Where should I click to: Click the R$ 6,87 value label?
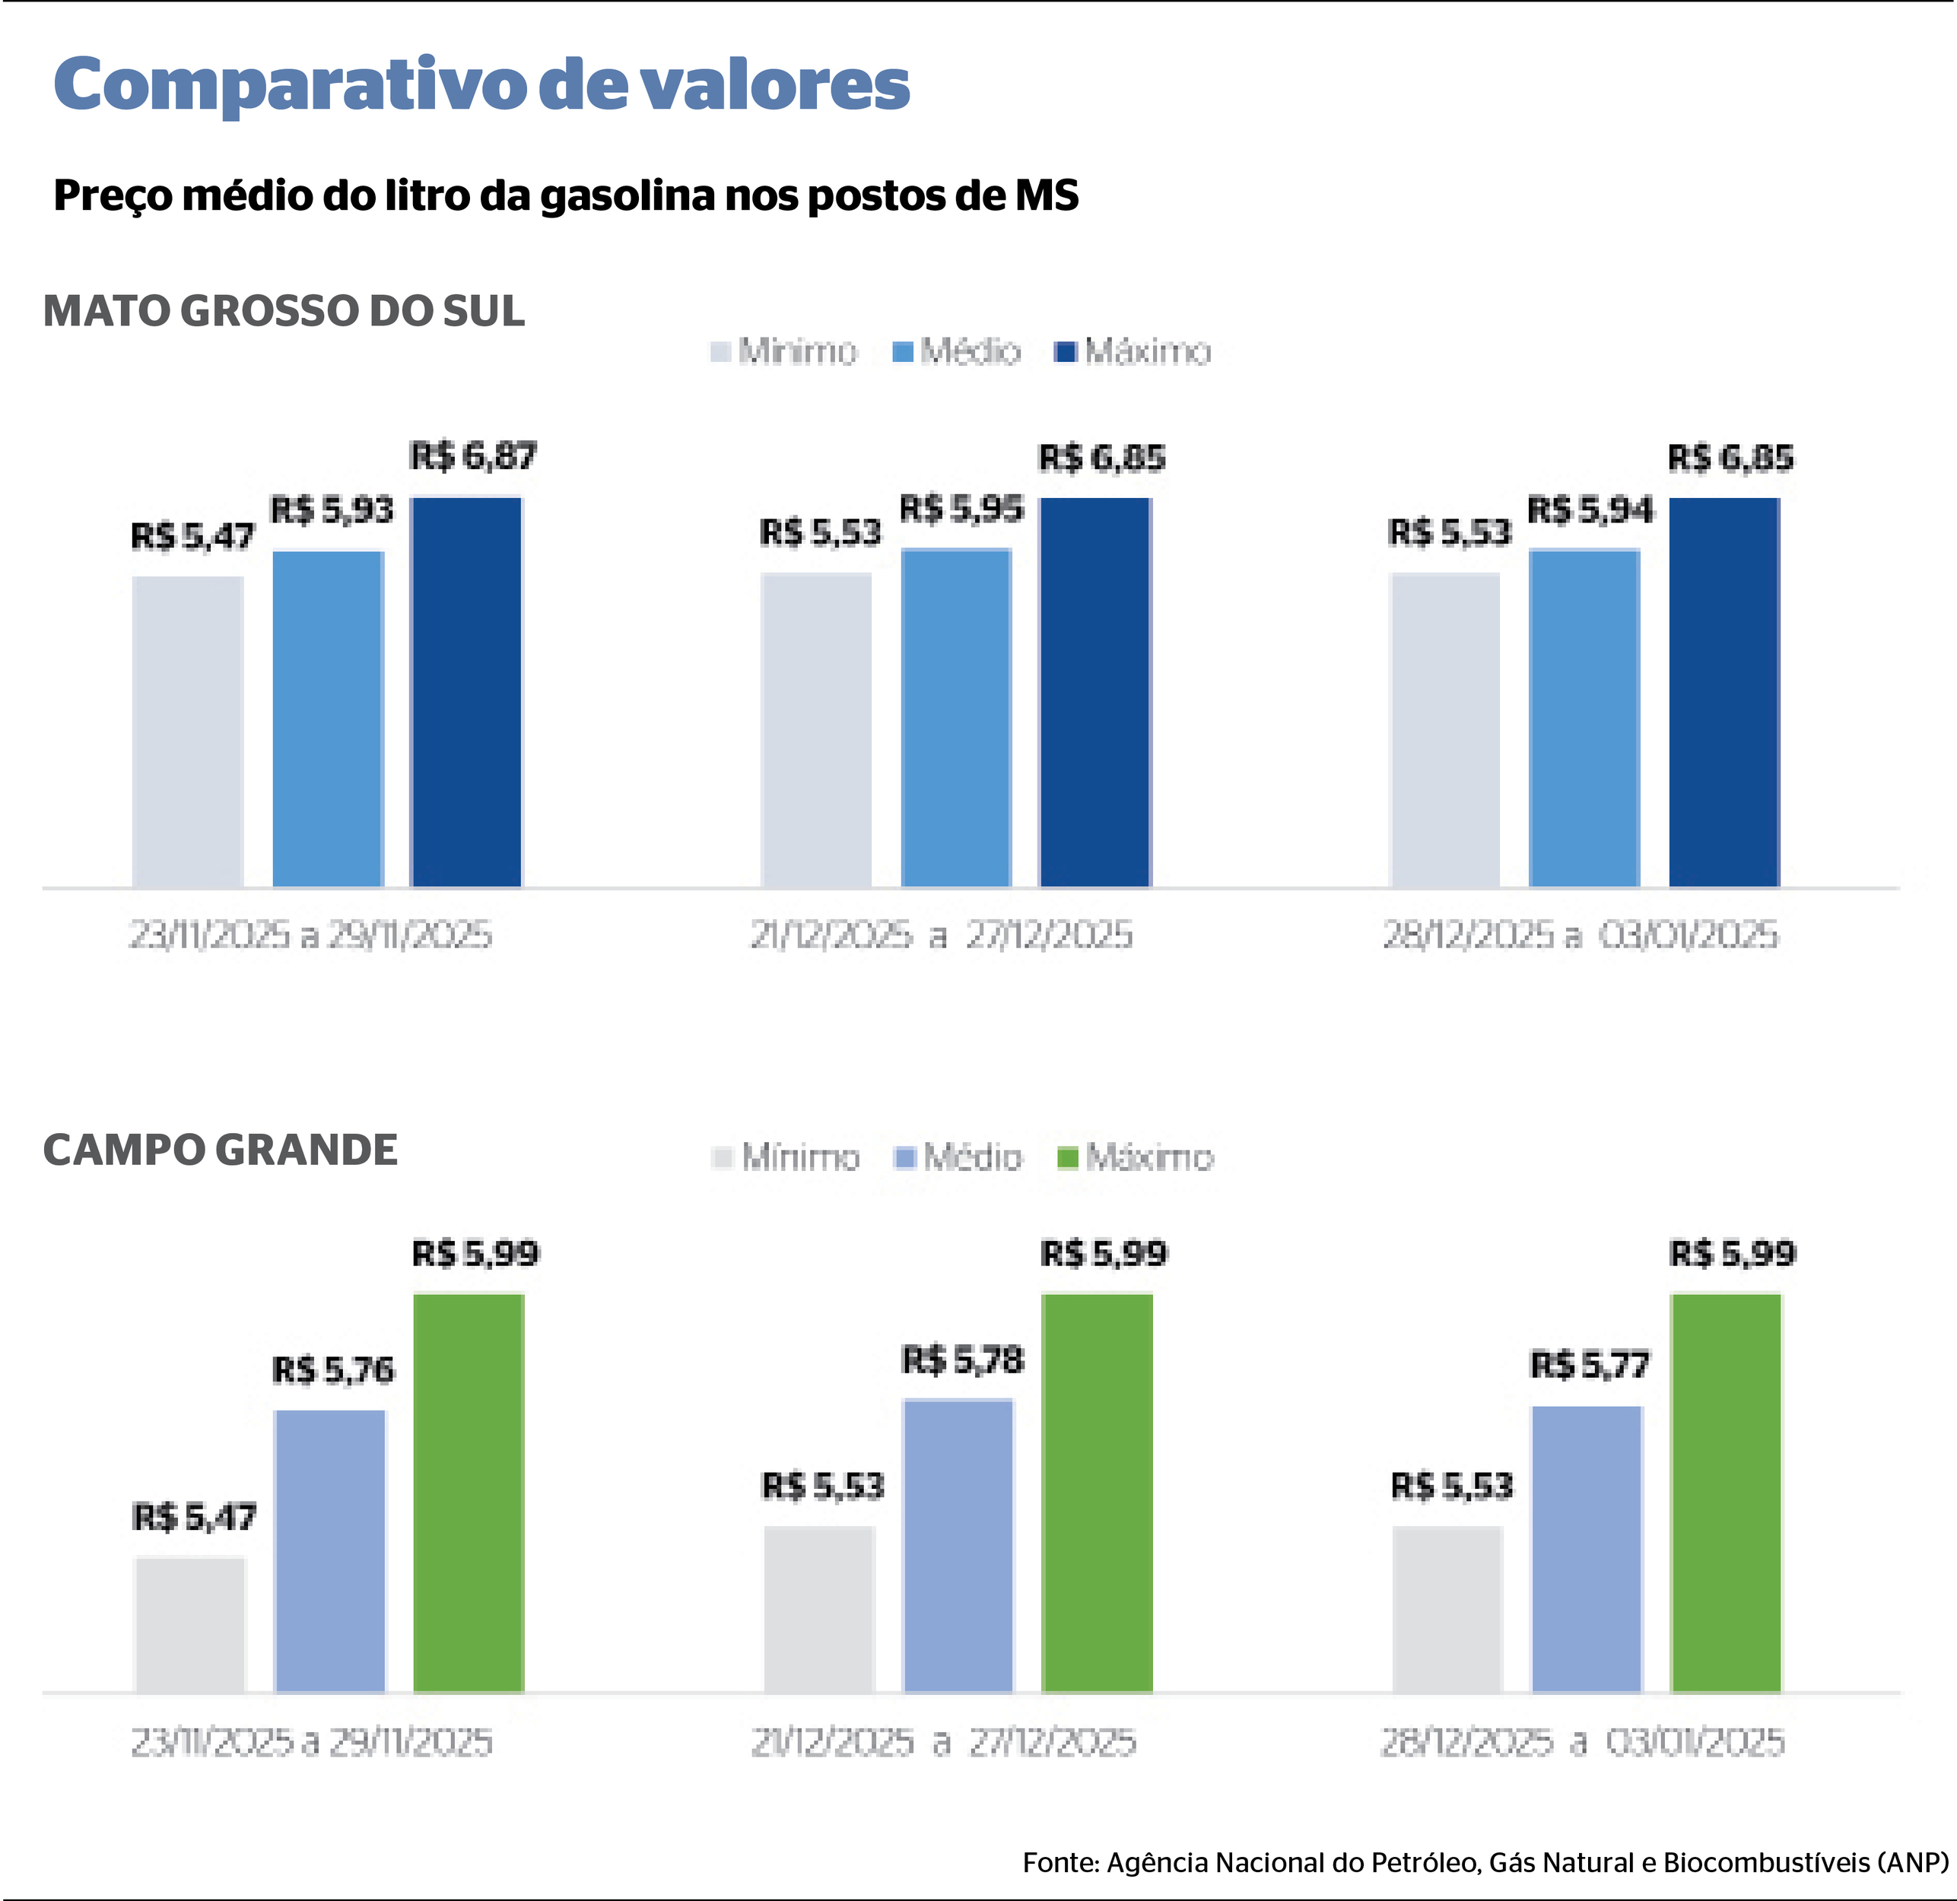point(473,456)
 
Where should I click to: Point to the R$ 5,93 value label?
point(332,510)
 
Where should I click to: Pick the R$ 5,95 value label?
point(961,509)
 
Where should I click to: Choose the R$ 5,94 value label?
point(1590,510)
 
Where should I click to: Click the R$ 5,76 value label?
point(333,1369)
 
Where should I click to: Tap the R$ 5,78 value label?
point(962,1360)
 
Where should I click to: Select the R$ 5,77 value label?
point(1590,1365)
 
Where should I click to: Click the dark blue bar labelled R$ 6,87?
point(467,691)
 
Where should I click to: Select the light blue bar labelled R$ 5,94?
point(1584,717)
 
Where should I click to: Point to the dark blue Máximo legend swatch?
point(1066,351)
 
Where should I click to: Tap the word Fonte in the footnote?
point(1060,1862)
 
